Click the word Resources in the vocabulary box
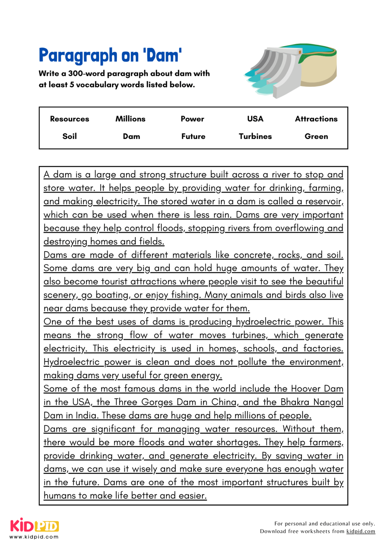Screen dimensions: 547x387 click(69, 119)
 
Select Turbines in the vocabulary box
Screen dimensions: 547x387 click(255, 136)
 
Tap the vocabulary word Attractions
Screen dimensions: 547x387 click(316, 119)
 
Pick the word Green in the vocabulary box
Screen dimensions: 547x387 click(316, 136)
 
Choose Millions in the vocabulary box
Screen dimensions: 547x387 click(130, 119)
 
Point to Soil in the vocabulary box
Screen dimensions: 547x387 click(69, 136)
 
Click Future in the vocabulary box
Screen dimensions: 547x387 click(193, 136)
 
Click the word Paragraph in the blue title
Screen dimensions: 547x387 click(78, 56)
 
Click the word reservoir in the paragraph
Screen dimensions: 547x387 click(323, 202)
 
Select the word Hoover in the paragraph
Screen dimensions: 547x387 click(306, 389)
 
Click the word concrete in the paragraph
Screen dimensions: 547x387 click(253, 255)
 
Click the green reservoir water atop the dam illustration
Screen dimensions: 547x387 click(314, 49)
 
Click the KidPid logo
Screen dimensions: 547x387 click(34, 526)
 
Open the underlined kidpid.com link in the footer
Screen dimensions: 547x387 click(361, 531)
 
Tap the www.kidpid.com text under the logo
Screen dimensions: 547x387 click(34, 537)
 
